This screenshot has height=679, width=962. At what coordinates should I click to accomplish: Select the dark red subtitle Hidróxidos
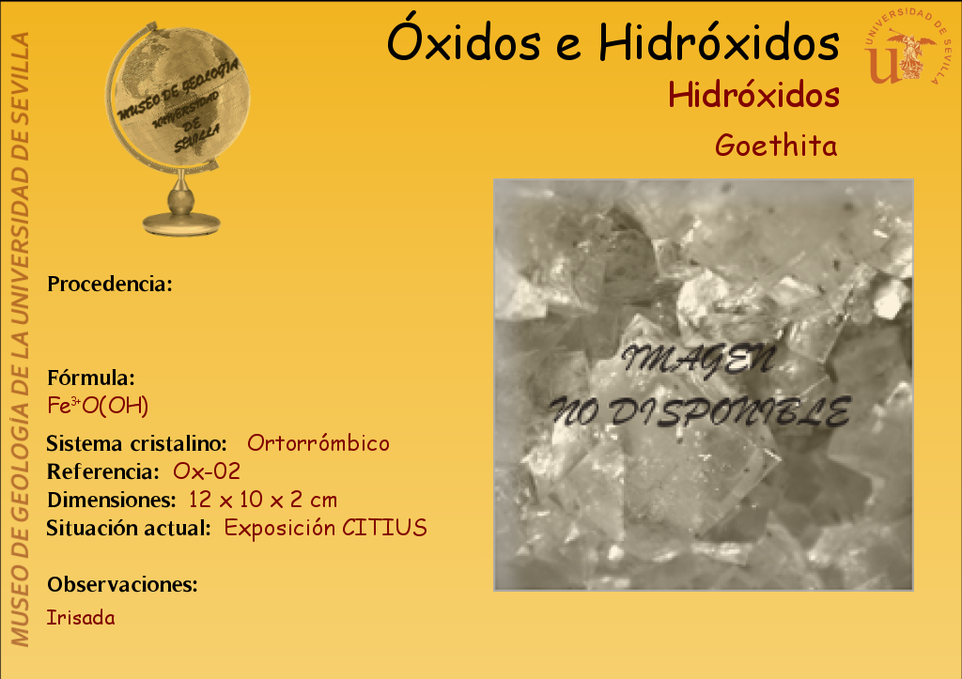(753, 95)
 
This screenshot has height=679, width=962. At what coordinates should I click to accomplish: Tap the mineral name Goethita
(776, 146)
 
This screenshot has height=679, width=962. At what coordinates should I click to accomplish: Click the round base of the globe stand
(181, 224)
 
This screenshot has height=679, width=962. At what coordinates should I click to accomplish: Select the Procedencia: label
(110, 284)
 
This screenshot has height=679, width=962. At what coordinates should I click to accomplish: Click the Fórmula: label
(91, 378)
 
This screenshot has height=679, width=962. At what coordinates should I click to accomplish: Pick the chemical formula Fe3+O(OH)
(98, 406)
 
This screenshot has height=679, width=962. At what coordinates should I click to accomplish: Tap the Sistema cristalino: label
(137, 443)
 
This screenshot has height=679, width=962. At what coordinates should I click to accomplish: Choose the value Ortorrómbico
(318, 443)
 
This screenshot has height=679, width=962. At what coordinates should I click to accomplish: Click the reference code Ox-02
(207, 471)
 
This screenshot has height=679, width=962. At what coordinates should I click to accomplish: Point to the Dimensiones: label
(112, 500)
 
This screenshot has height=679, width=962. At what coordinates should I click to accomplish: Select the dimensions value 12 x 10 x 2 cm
(263, 500)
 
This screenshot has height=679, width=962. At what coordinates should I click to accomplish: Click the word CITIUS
(384, 528)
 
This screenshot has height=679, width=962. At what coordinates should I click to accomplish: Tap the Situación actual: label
(129, 528)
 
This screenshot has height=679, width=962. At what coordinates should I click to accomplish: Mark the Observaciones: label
(123, 584)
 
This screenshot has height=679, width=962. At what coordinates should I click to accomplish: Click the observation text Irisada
(81, 617)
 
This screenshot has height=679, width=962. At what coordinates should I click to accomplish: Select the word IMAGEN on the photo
(698, 360)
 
